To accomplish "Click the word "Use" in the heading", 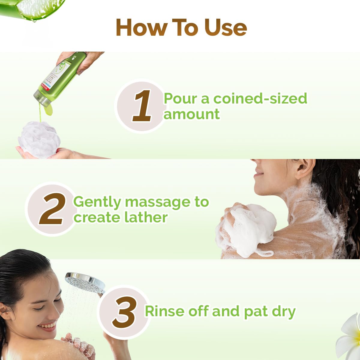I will pos(226,28).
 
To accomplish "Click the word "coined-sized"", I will pos(260,99).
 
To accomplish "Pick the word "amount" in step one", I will pos(191,114).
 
